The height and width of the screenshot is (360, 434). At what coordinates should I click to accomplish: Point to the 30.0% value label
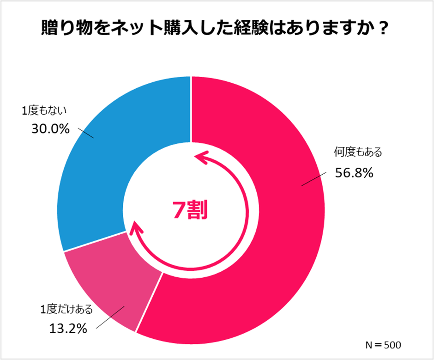pos(50,129)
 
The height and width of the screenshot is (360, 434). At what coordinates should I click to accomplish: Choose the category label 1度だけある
pos(65,309)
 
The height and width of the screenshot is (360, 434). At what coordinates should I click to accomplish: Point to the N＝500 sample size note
pos(383,345)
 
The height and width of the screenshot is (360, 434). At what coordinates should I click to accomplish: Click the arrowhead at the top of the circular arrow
pos(199,158)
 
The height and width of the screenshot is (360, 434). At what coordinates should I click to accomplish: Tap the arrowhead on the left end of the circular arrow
pos(135,226)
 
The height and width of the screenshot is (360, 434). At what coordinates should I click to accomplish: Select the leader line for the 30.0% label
pos(86,133)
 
